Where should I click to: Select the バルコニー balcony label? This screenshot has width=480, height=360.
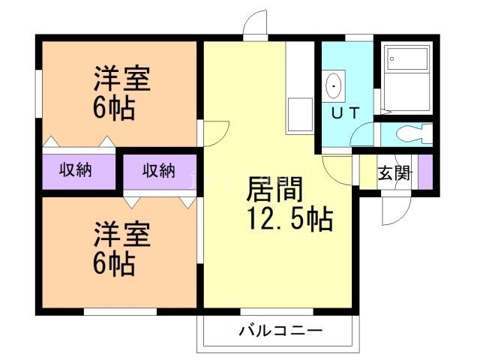click(x=280, y=330)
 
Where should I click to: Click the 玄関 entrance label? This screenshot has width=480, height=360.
click(x=392, y=174)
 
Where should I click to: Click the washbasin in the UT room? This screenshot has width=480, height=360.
click(x=334, y=86)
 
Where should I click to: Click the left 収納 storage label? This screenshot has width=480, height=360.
click(x=76, y=170)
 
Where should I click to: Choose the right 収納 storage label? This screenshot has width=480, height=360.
click(x=158, y=170)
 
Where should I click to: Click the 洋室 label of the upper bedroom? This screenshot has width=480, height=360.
click(x=121, y=79)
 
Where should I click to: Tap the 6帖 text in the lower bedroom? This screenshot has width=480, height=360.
click(x=114, y=263)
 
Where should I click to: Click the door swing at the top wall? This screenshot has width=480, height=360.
click(x=256, y=25)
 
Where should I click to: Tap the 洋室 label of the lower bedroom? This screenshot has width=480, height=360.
click(x=121, y=234)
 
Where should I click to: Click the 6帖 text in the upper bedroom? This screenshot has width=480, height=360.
click(x=114, y=109)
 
